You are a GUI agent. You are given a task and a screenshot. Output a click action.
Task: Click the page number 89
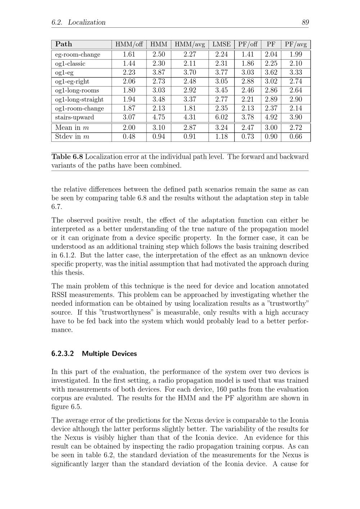click(305, 22)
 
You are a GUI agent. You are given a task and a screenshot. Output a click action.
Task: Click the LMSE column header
click(221, 44)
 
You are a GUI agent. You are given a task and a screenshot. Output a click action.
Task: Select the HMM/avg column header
click(190, 44)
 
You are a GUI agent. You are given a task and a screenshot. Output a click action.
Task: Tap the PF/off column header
click(248, 44)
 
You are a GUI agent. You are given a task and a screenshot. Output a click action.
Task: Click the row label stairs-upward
click(75, 117)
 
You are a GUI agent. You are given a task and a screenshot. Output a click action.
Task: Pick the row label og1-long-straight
click(79, 99)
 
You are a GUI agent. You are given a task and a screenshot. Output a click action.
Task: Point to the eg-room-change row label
click(78, 55)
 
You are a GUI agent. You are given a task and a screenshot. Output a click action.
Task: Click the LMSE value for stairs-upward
click(221, 117)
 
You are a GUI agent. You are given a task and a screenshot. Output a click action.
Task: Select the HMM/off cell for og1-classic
click(129, 64)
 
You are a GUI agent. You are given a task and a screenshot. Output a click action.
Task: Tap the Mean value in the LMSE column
click(221, 128)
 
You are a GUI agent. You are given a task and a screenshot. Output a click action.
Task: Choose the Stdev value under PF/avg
click(296, 137)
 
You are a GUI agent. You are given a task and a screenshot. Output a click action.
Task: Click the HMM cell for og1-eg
click(159, 72)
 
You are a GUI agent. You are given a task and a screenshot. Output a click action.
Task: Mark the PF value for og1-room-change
click(271, 108)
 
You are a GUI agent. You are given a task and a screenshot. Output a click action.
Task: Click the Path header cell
click(64, 44)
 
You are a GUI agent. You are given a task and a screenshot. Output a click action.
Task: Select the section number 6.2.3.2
click(63, 354)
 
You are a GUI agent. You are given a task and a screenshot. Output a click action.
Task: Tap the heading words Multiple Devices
click(109, 354)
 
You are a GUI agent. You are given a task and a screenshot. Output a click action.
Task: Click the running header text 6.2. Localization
click(78, 22)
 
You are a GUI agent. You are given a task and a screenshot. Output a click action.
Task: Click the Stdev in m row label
click(72, 137)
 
